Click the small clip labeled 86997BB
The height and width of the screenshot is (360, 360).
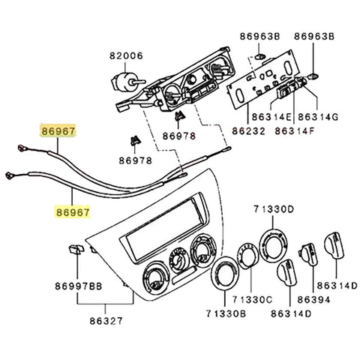(73, 250)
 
